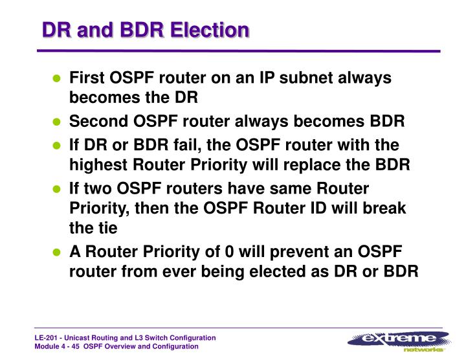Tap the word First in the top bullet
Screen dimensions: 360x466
tap(86, 78)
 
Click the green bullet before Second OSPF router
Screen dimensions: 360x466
tap(56, 122)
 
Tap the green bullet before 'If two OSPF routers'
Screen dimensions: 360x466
tap(56, 189)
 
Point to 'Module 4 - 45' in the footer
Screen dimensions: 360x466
tap(59, 347)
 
